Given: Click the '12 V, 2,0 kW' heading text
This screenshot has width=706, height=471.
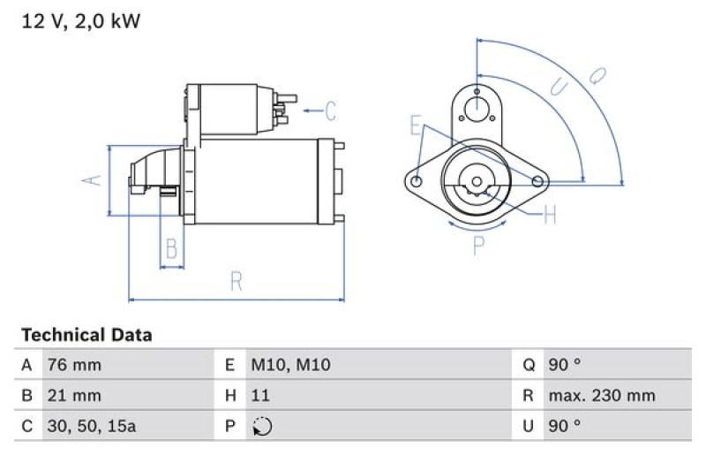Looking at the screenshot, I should [80, 22].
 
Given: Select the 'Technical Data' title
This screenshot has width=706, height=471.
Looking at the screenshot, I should [86, 335].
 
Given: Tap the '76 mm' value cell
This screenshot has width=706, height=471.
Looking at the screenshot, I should [75, 365].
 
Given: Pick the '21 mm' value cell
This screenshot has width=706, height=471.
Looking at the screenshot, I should [75, 395].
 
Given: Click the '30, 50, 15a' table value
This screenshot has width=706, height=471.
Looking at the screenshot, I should [93, 425].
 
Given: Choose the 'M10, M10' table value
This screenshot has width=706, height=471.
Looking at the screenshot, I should [290, 365].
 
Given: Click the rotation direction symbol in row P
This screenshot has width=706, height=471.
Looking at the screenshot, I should [261, 426].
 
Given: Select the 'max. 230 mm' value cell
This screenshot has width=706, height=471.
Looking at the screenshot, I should [601, 395].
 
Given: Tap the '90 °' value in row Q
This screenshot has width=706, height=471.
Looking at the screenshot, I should [564, 365].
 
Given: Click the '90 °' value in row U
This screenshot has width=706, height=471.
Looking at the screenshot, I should [564, 425].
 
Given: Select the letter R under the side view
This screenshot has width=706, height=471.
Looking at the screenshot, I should [236, 282].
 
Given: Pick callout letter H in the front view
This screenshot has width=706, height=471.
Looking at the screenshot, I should [550, 215].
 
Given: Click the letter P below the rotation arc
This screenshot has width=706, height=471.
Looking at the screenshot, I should [478, 246].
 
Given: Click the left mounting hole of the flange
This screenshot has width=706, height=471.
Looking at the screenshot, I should [417, 181].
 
